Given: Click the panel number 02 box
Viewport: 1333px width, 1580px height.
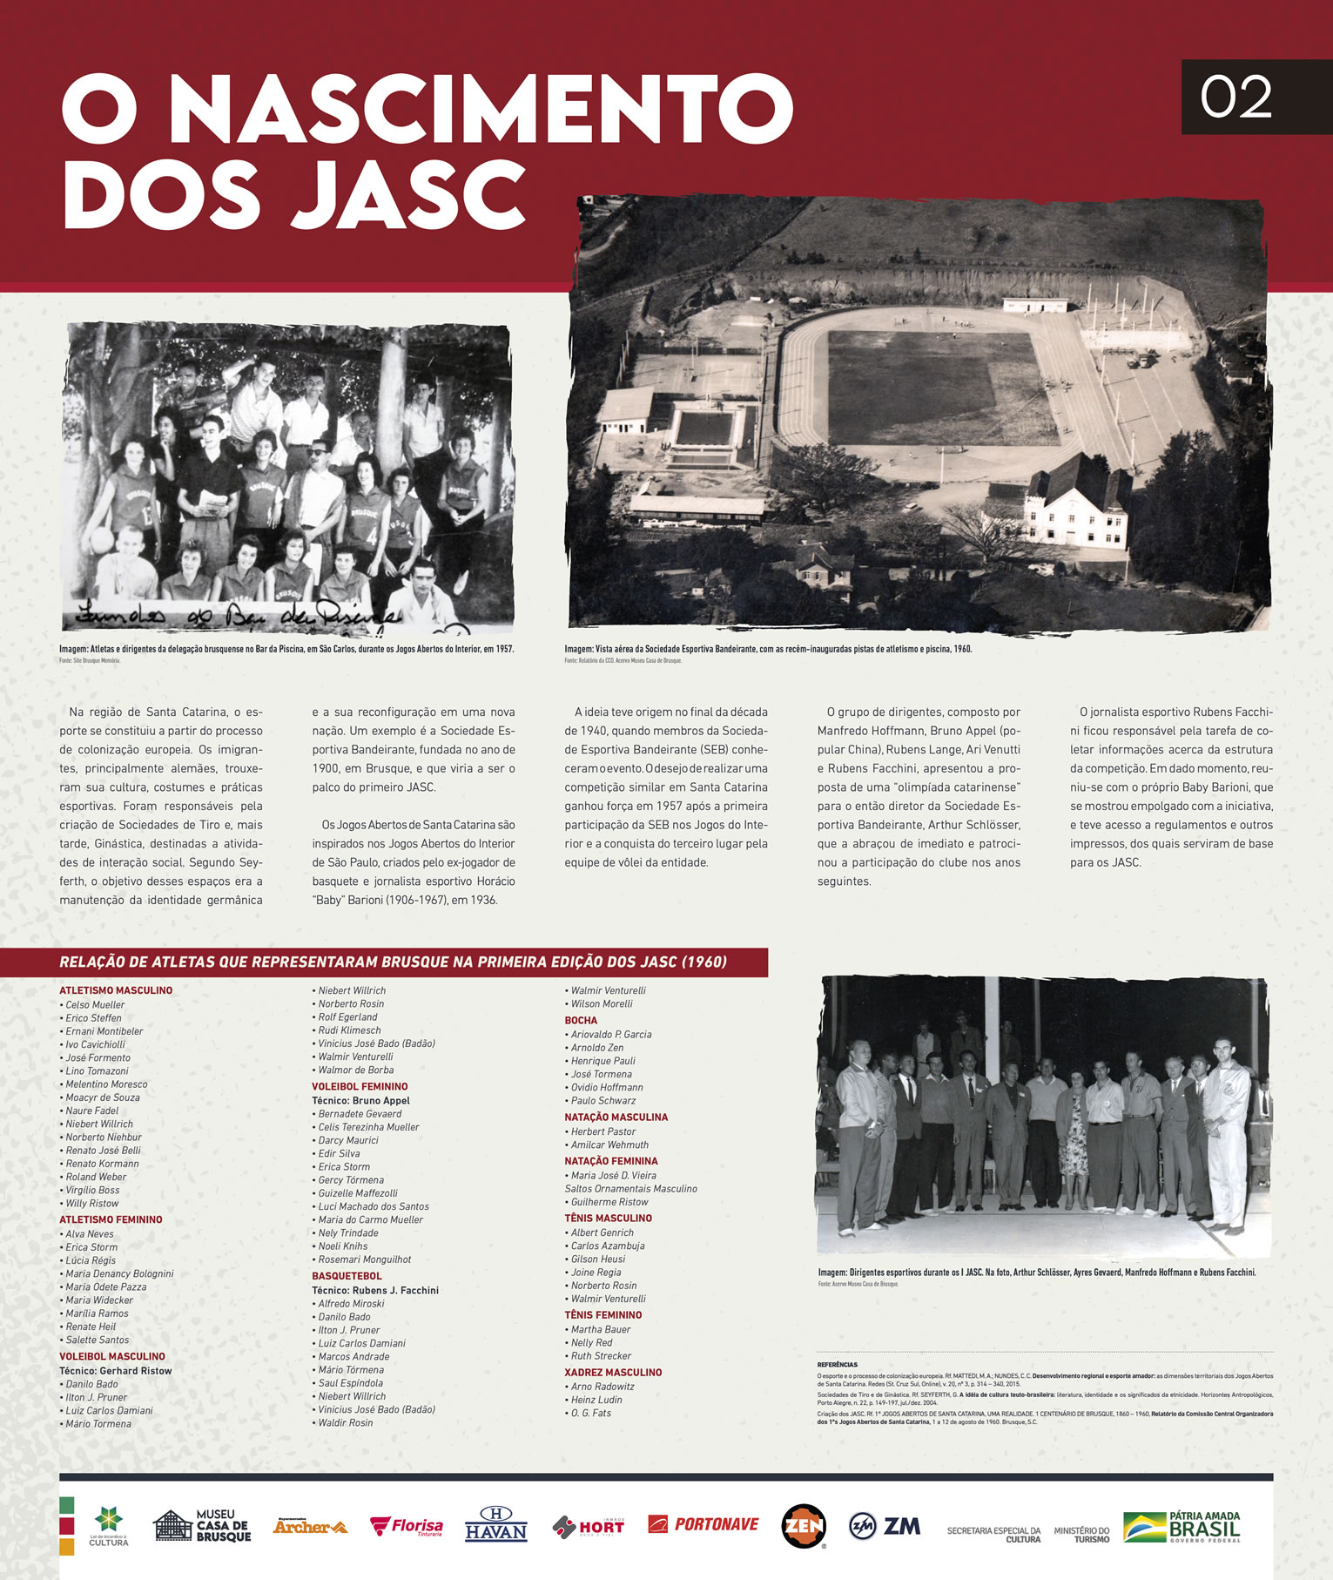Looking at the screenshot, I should tap(1236, 97).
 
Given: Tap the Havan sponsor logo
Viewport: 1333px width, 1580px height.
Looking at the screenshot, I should tap(495, 1524).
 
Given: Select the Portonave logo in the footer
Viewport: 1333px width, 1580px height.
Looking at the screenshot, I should tap(703, 1524).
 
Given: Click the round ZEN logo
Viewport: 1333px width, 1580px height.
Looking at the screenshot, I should tap(803, 1525).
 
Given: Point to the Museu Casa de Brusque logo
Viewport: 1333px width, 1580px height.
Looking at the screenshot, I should tap(202, 1525).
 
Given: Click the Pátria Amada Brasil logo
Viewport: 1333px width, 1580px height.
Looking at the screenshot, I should tap(1182, 1526).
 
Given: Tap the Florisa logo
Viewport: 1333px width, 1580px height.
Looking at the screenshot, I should tap(406, 1526).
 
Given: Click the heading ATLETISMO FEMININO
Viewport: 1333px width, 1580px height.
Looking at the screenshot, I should tap(111, 1219).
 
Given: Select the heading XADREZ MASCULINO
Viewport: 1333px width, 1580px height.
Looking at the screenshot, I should tap(613, 1372).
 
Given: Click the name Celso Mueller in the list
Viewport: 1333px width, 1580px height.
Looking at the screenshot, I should tap(95, 1004).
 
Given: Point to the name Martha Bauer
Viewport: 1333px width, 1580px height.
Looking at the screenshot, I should tap(600, 1329).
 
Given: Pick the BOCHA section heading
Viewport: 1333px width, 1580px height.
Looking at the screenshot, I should tap(581, 1020).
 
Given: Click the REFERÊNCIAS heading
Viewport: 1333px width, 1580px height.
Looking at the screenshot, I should tap(837, 1364).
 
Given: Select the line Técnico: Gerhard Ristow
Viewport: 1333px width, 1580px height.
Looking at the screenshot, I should tap(115, 1370).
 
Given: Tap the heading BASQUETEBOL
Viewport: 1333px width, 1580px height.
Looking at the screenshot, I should tap(347, 1276).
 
